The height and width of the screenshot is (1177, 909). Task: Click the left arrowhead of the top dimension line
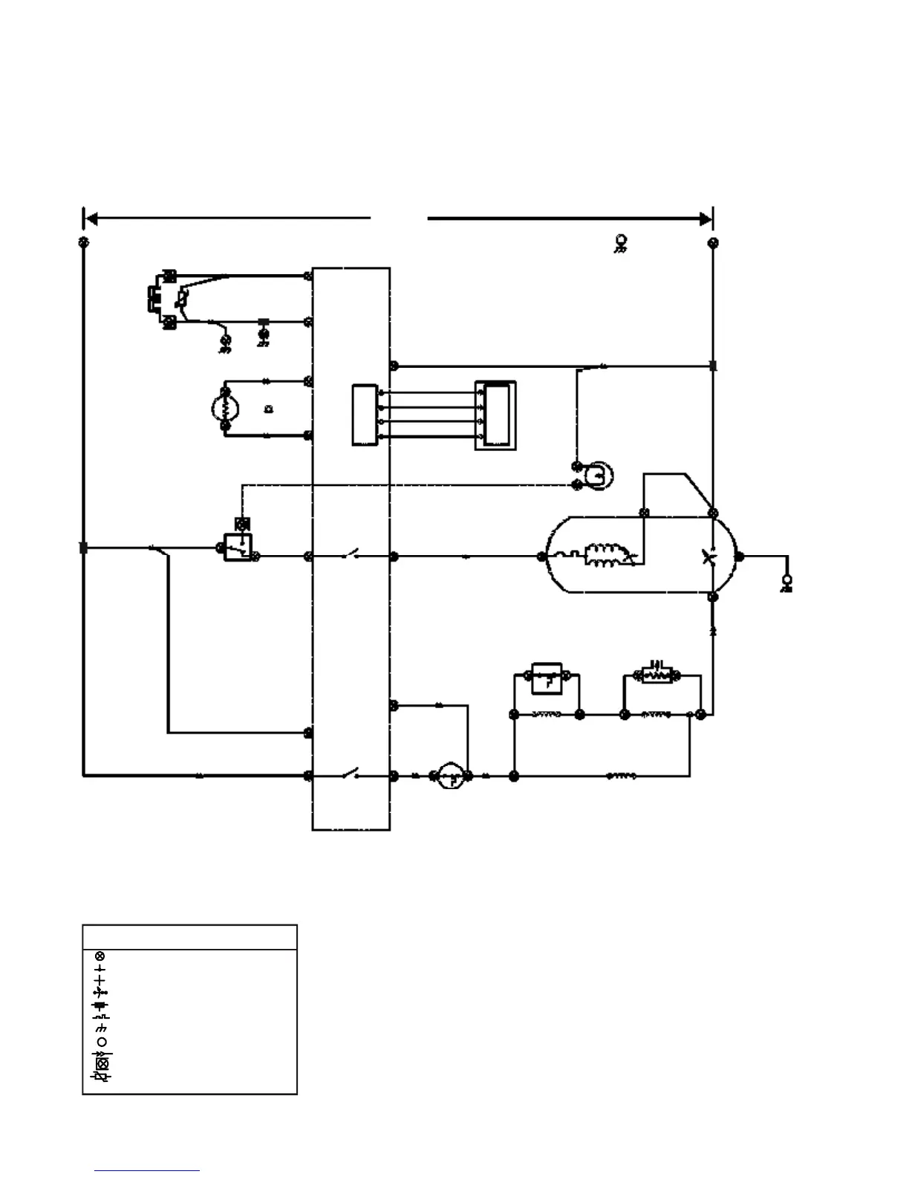point(91,218)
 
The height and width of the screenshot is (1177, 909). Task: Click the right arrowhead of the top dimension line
point(705,218)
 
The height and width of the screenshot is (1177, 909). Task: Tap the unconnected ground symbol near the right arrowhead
point(620,243)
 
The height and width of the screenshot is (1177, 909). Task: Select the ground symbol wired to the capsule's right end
point(787,583)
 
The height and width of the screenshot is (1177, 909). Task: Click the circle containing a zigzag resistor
point(225,407)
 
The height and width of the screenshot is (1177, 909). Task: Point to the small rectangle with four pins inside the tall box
point(364,415)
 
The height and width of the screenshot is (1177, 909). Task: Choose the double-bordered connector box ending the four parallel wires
point(496,415)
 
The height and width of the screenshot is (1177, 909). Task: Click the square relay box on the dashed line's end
point(238,547)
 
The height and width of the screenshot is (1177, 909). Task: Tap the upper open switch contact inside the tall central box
point(351,554)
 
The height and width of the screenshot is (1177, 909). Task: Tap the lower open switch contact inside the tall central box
point(351,774)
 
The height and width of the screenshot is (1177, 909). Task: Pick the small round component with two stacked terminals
point(598,475)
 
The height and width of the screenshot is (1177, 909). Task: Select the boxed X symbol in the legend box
point(102,1063)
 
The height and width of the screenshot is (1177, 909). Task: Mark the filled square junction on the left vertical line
point(83,548)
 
